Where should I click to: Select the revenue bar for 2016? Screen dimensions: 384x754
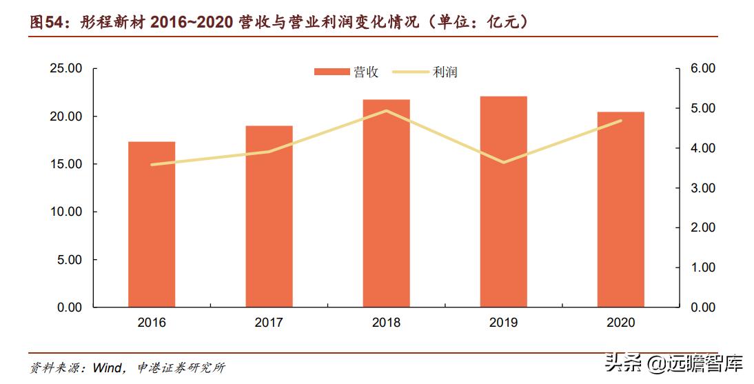pos(152,224)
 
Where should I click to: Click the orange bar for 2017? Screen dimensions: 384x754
pos(269,216)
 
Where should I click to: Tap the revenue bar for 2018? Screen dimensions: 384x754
pos(386,203)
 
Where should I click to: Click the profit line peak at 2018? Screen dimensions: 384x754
pos(386,110)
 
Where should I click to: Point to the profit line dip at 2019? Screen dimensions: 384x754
pos(503,163)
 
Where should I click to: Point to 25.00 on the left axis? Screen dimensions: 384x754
pos(67,69)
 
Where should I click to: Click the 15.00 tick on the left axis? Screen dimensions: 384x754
pos(67,164)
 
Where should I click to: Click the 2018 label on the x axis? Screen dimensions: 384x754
pos(386,323)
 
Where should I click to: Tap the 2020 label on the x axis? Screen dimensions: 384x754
pos(620,323)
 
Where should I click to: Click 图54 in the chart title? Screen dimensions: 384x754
pos(45,22)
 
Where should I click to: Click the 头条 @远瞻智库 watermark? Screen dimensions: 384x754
pos(674,363)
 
